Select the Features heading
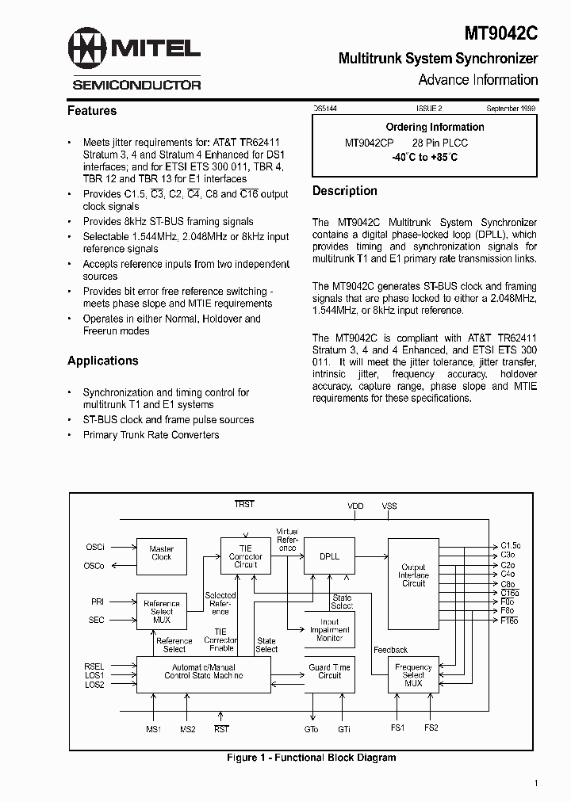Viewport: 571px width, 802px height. pos(92,111)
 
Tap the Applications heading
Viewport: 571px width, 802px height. pos(103,361)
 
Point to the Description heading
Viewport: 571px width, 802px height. pos(345,191)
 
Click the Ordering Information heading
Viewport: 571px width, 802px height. pos(435,127)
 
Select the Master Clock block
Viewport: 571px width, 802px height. pos(162,553)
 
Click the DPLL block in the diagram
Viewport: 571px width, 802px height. pos(329,556)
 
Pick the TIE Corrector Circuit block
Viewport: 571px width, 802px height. pos(245,556)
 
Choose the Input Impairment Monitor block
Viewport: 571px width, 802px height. pos(329,630)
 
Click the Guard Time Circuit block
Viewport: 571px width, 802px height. pos(329,672)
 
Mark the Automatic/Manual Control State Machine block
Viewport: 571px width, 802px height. pos(204,671)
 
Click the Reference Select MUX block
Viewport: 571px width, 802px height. pos(162,611)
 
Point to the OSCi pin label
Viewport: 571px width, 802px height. pos(95,547)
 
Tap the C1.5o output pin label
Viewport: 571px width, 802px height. pos(511,546)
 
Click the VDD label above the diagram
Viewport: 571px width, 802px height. pos(355,506)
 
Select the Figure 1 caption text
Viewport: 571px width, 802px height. pos(311,758)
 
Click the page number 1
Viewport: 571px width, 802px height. pos(536,784)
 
